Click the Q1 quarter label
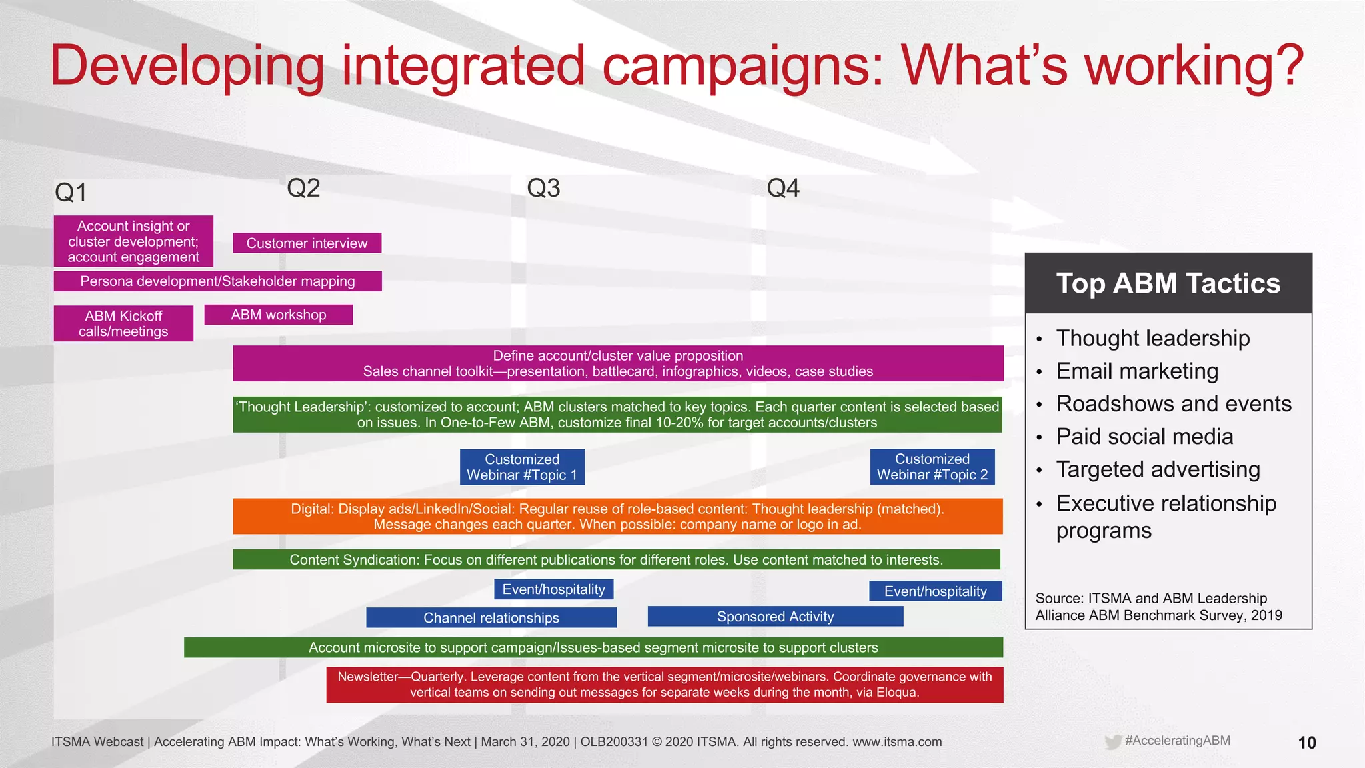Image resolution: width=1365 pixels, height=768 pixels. tap(71, 193)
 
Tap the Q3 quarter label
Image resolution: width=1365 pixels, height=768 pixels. tap(543, 188)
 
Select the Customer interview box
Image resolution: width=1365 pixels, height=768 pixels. tap(307, 243)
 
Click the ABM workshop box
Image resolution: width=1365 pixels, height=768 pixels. tap(278, 315)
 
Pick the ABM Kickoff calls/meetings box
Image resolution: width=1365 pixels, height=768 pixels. tap(123, 323)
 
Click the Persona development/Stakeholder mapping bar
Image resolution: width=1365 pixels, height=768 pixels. tap(217, 281)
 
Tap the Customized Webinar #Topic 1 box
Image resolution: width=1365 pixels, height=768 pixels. tap(522, 467)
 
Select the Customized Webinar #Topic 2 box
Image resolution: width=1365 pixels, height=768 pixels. tap(932, 467)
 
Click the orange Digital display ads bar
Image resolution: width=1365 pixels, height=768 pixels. tap(617, 517)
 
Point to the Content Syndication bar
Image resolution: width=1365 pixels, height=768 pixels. tap(616, 559)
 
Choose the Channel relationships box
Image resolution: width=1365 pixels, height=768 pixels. tap(491, 617)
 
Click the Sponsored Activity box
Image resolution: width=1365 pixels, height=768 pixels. tap(775, 617)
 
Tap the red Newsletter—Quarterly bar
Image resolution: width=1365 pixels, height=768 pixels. tap(665, 685)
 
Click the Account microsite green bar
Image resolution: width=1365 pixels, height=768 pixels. tap(593, 647)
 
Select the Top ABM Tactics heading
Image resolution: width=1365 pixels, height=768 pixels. tap(1168, 283)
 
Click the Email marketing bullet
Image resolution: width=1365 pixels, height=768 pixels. tap(1137, 371)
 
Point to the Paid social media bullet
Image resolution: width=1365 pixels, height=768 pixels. tap(1144, 437)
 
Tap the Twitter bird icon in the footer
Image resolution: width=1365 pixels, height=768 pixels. tap(1112, 742)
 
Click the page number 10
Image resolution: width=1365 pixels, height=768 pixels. tap(1306, 743)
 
